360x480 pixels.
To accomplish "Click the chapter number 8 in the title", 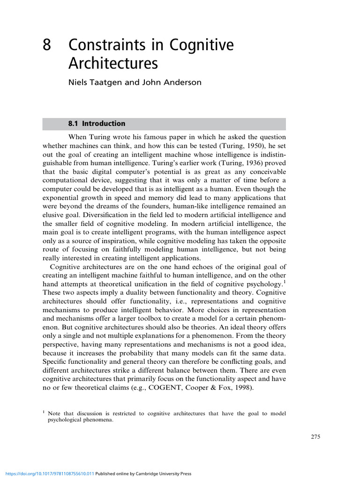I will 47,45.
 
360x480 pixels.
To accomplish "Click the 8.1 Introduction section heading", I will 97,124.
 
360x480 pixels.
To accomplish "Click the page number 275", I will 315,437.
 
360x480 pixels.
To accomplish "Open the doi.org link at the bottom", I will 47,474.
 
